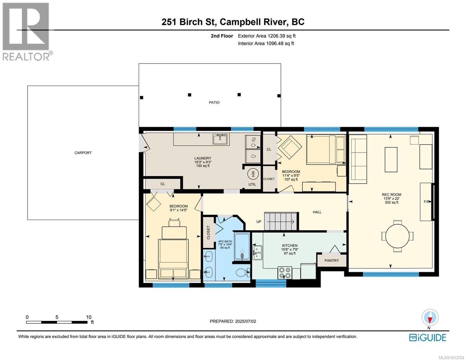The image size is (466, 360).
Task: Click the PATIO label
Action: tap(214, 103)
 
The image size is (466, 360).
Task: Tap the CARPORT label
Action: tap(83, 153)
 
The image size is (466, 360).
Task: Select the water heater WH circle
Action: tap(252, 174)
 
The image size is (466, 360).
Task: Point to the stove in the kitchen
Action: tap(285, 273)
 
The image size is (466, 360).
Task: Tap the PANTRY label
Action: tap(331, 261)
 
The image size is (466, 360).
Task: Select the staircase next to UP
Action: tap(280, 221)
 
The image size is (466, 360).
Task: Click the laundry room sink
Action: tap(221, 139)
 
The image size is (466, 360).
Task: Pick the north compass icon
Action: tap(430, 318)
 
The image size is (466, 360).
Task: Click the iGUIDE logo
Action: tap(428, 337)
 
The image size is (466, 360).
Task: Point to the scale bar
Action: tap(57, 322)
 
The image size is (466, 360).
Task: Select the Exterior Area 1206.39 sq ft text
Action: tap(267, 36)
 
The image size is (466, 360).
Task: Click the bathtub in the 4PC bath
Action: tap(242, 247)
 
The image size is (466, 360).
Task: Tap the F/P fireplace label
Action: tap(427, 202)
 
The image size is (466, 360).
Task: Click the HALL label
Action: tap(317, 212)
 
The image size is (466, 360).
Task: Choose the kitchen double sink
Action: tap(257, 253)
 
